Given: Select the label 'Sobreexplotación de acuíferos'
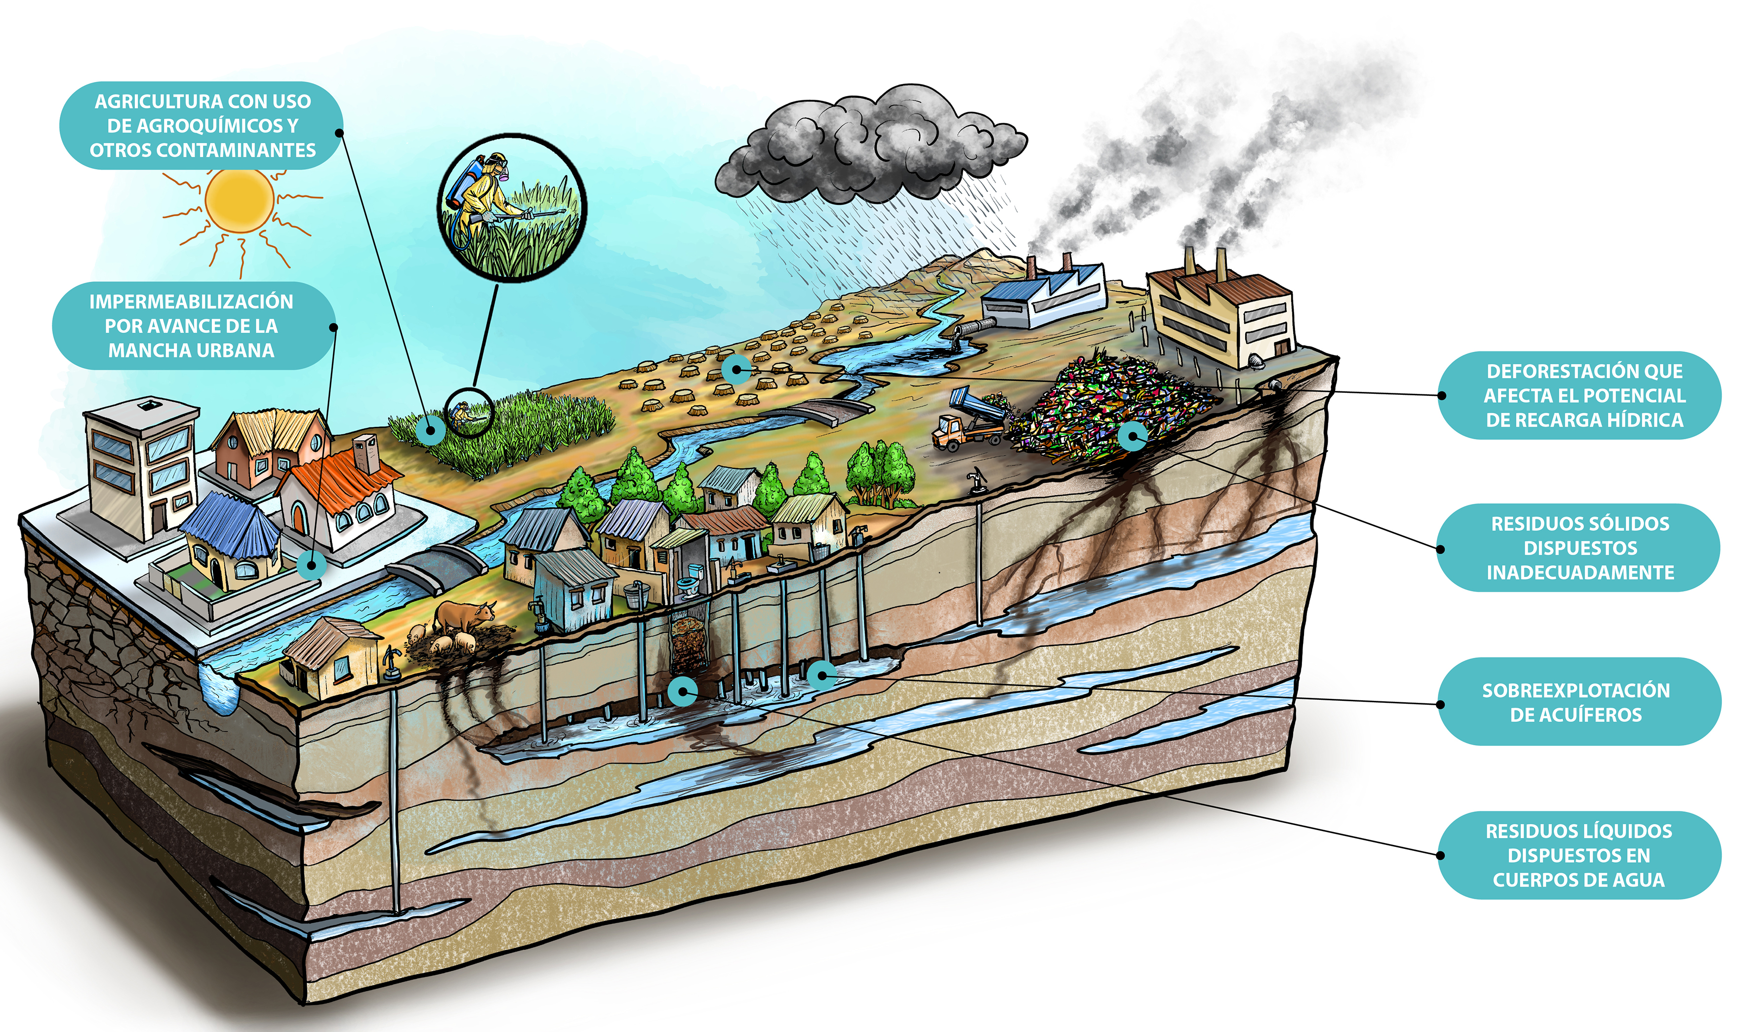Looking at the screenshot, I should (1579, 702).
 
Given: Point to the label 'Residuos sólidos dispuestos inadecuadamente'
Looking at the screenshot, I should (1579, 548).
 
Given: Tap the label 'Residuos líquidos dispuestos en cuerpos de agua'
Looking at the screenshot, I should (1579, 855).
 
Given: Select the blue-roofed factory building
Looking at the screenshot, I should (1044, 296).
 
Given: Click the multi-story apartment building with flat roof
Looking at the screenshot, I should (143, 466).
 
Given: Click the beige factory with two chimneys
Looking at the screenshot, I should (1221, 313).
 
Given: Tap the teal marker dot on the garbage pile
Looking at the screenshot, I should (1133, 437).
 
